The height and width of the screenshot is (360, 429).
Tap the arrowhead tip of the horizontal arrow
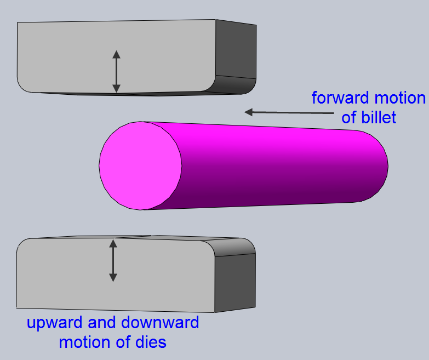click(246, 112)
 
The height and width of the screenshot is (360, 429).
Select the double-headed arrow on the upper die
click(116, 71)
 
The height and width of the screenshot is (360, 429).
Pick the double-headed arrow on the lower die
click(113, 261)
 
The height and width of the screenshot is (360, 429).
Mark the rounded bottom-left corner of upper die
click(24, 85)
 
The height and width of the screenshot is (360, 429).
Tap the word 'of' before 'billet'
click(350, 117)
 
